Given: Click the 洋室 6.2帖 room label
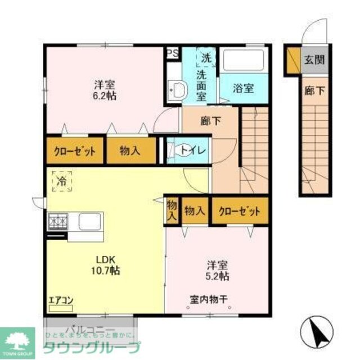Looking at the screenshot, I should coord(104,91).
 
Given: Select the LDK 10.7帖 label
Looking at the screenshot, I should coord(105,265).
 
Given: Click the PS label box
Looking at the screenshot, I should coord(173,54).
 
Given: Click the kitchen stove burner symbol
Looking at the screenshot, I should coord(57,222).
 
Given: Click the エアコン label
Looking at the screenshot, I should coord(60,301).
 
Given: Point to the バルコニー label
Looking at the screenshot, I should coord(90,329).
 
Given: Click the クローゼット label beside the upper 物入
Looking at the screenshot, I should coord(74,151).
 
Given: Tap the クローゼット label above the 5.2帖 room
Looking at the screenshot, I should coord(240,211).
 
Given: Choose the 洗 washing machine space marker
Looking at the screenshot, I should coord(205,57).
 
